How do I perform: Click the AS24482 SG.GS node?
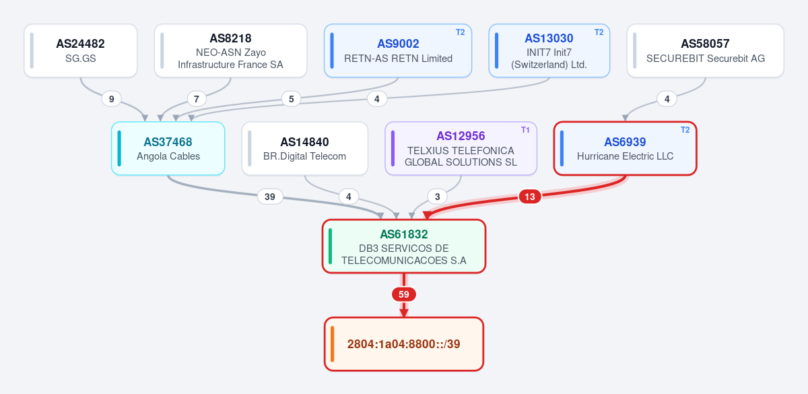(x=80, y=51)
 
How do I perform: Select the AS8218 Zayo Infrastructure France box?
(x=230, y=51)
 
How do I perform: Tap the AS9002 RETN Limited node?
(x=398, y=51)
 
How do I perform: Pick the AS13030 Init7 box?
(x=549, y=51)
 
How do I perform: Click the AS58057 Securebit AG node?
(x=705, y=51)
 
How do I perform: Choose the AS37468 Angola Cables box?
(x=168, y=148)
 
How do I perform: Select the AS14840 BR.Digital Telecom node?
(x=305, y=148)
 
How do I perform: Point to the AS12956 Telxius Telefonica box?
(x=461, y=148)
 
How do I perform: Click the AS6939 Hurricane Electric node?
(x=625, y=148)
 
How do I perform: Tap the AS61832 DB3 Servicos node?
(x=404, y=247)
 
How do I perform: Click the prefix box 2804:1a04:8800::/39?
(x=404, y=344)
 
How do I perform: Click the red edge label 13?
(x=529, y=197)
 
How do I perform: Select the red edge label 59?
(x=404, y=294)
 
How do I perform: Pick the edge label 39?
(x=270, y=197)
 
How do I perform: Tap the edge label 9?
(x=112, y=99)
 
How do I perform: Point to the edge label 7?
(x=197, y=99)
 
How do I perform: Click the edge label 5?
(x=291, y=99)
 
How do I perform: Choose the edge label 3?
(x=438, y=197)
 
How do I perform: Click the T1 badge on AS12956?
(x=525, y=130)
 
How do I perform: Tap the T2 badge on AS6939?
(x=685, y=130)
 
